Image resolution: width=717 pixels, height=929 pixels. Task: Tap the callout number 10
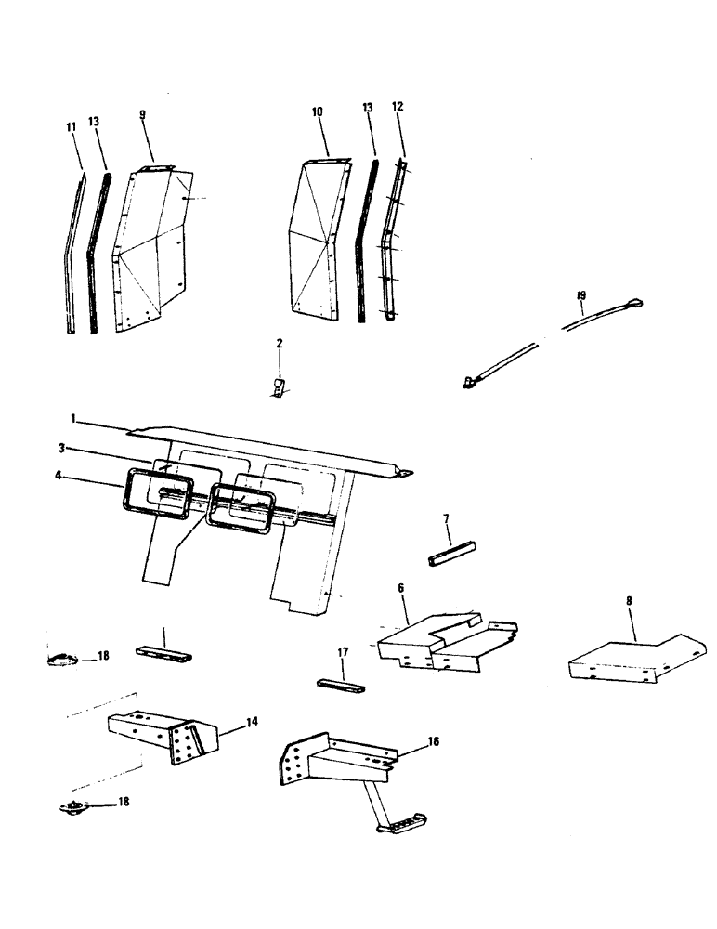pos(317,111)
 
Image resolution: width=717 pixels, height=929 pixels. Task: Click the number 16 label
pos(433,740)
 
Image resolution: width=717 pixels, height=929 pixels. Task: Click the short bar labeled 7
pos(451,554)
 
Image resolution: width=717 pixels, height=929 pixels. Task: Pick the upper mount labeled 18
pos(60,661)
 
